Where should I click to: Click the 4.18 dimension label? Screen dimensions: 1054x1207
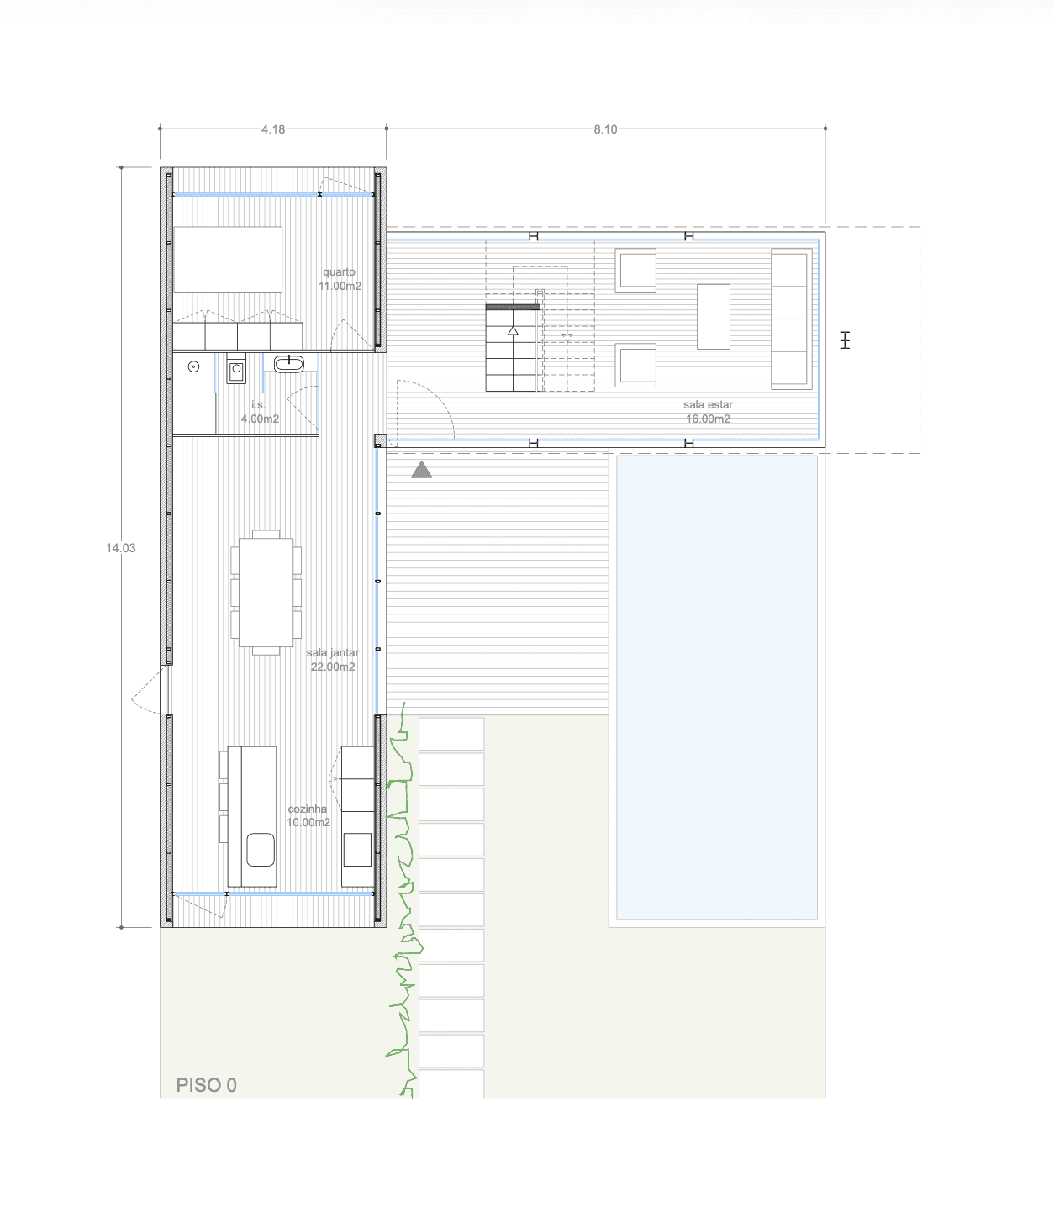pyautogui.click(x=273, y=129)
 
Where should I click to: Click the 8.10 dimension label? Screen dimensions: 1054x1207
pyautogui.click(x=605, y=129)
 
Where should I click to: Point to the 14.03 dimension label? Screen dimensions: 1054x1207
pyautogui.click(x=121, y=548)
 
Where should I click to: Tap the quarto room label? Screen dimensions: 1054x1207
pyautogui.click(x=339, y=272)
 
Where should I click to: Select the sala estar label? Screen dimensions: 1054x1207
pyautogui.click(x=708, y=404)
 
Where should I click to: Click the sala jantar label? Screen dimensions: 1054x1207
pyautogui.click(x=333, y=652)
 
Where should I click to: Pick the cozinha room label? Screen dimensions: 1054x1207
pyautogui.click(x=308, y=809)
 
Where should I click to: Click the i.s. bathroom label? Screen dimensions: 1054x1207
pyautogui.click(x=258, y=404)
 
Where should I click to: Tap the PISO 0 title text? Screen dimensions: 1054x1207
pyautogui.click(x=207, y=1085)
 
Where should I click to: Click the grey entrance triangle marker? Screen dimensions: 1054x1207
pyautogui.click(x=421, y=470)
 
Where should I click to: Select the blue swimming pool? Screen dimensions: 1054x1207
pyautogui.click(x=717, y=688)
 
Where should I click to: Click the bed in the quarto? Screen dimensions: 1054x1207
pyautogui.click(x=228, y=260)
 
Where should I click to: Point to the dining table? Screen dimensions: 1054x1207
pyautogui.click(x=266, y=593)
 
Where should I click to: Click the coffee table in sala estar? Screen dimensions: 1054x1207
pyautogui.click(x=714, y=317)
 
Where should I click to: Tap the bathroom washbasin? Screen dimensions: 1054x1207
pyautogui.click(x=289, y=363)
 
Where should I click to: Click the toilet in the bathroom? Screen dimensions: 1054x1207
pyautogui.click(x=236, y=370)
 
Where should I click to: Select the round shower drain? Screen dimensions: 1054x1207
pyautogui.click(x=193, y=367)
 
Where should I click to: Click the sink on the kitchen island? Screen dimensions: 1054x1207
pyautogui.click(x=261, y=850)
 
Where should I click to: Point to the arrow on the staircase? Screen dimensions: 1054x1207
pyautogui.click(x=514, y=330)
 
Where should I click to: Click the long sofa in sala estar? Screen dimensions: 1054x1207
pyautogui.click(x=792, y=319)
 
